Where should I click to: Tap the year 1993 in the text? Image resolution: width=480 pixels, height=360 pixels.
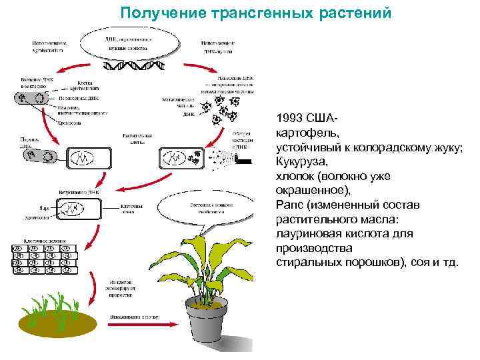tap(291, 118)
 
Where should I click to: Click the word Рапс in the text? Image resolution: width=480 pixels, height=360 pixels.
tap(289, 205)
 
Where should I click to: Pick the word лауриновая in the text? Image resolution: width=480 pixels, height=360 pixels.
tap(307, 234)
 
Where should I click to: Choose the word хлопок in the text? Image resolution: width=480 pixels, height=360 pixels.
tap(293, 176)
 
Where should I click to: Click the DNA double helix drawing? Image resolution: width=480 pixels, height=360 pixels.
tap(131, 67)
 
